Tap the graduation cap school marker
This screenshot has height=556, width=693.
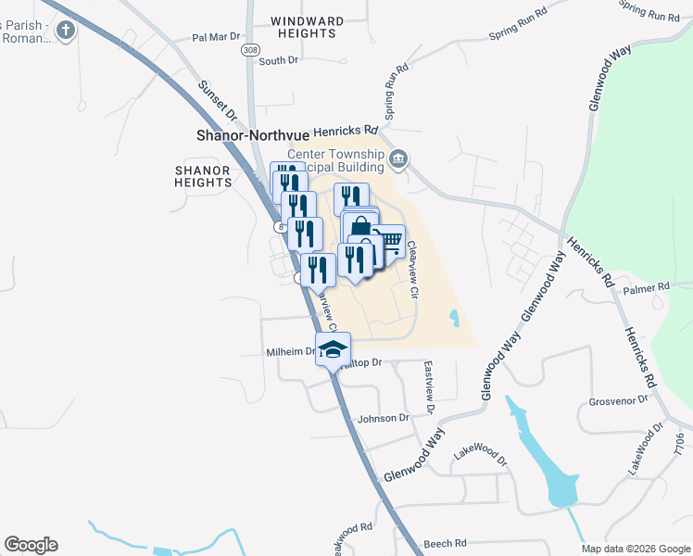(333, 349)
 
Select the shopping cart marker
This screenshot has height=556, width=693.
(389, 241)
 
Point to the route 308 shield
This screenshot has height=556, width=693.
(249, 48)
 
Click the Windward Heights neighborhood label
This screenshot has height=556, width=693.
(307, 27)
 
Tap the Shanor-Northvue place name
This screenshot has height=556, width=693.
(252, 134)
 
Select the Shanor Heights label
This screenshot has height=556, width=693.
(202, 176)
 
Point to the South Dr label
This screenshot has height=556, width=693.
(278, 60)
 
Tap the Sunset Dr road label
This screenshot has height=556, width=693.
(217, 99)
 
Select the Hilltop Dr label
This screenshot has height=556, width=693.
(361, 362)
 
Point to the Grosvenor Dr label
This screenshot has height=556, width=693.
(615, 402)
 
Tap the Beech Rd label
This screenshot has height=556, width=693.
(443, 544)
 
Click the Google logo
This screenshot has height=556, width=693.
(31, 545)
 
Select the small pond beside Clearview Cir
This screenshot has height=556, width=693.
(453, 319)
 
